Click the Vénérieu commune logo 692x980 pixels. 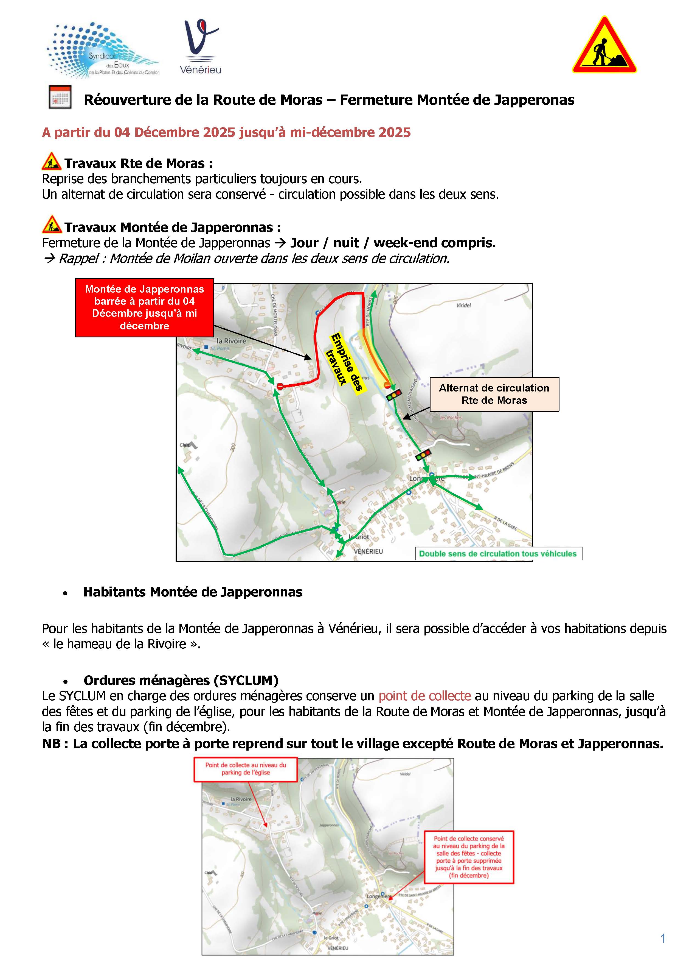pos(200,47)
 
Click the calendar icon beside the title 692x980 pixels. pos(60,97)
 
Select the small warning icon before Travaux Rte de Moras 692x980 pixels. pos(52,162)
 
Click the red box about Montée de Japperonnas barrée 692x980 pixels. pos(145,307)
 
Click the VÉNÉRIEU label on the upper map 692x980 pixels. pos(368,551)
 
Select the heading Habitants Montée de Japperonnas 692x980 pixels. pos(193,592)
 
